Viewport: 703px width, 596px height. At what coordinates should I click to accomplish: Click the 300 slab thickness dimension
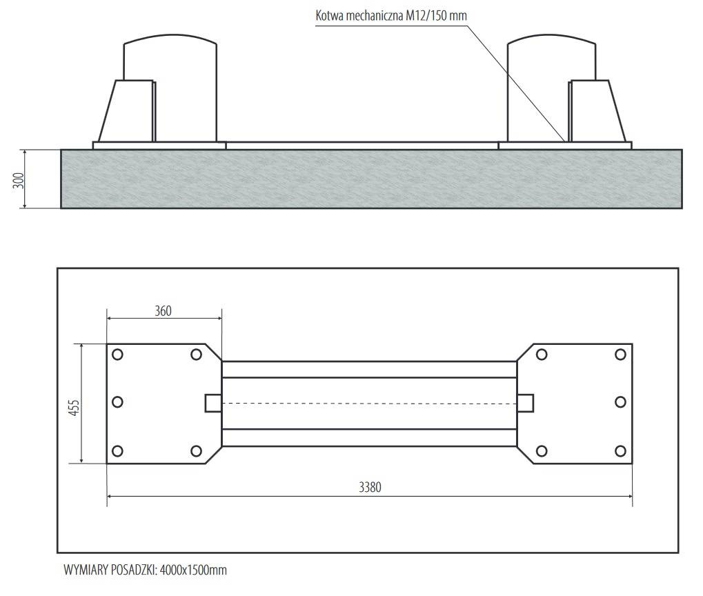(x=19, y=180)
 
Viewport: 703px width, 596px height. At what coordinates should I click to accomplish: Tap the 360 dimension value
(x=163, y=311)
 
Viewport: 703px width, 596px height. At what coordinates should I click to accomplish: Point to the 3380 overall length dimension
(x=370, y=487)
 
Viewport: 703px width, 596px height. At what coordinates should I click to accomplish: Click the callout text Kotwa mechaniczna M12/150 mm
(x=391, y=16)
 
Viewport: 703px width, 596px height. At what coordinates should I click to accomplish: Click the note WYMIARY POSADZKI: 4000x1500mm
(x=146, y=570)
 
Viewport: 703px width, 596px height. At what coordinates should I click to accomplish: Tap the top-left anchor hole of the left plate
(x=117, y=355)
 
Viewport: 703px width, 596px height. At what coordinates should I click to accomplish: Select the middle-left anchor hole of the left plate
(x=117, y=402)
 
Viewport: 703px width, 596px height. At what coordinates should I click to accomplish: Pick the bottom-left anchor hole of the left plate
(x=117, y=450)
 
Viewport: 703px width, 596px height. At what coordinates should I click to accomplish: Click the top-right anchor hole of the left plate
(x=196, y=355)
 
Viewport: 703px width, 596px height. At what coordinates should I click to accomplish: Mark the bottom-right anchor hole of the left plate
(x=196, y=450)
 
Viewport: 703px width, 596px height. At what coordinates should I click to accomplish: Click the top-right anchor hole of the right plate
(x=620, y=355)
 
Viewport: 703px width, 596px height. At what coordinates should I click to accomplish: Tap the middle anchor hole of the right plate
(x=620, y=402)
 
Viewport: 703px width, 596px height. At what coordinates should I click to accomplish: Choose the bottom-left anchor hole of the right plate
(x=542, y=450)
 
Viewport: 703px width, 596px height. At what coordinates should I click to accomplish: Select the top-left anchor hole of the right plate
(x=542, y=355)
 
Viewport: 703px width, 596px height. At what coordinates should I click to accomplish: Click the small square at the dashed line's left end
(x=213, y=403)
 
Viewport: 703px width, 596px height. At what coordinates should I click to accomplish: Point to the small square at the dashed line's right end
(x=526, y=403)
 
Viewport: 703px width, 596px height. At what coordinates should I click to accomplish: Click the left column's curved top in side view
(x=170, y=38)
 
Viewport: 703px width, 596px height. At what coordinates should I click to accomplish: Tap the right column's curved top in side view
(x=551, y=38)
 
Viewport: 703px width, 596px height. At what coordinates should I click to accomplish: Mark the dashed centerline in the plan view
(x=369, y=404)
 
